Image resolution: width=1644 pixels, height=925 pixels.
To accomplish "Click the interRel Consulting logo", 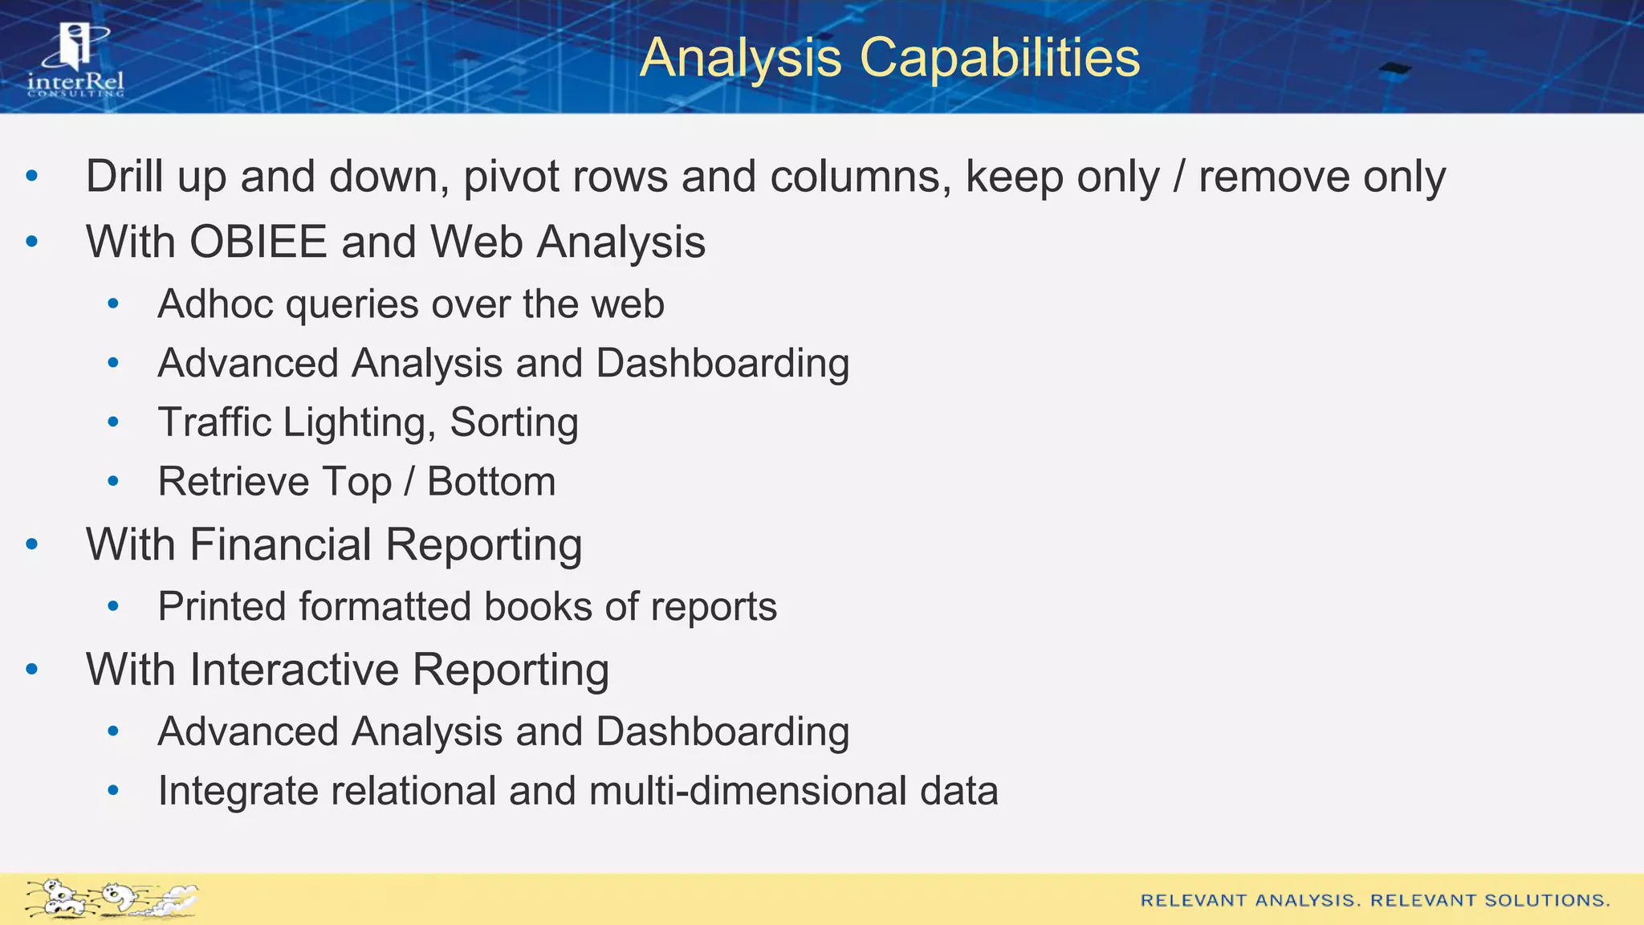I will (x=75, y=60).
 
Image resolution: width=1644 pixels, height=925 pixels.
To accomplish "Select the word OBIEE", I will (x=258, y=242).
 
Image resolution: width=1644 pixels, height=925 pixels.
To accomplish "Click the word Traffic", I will (x=214, y=422).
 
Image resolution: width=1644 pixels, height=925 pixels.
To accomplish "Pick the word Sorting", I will (x=514, y=422).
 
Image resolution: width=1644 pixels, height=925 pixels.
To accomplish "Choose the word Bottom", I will (x=491, y=482).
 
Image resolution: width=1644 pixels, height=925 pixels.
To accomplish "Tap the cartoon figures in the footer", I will (x=111, y=899).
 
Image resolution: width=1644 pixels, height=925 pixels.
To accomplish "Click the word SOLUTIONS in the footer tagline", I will (x=1547, y=900).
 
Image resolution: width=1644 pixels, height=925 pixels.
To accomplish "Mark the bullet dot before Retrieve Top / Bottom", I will (x=113, y=482).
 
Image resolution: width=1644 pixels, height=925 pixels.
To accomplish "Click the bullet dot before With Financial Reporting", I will (x=32, y=545).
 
